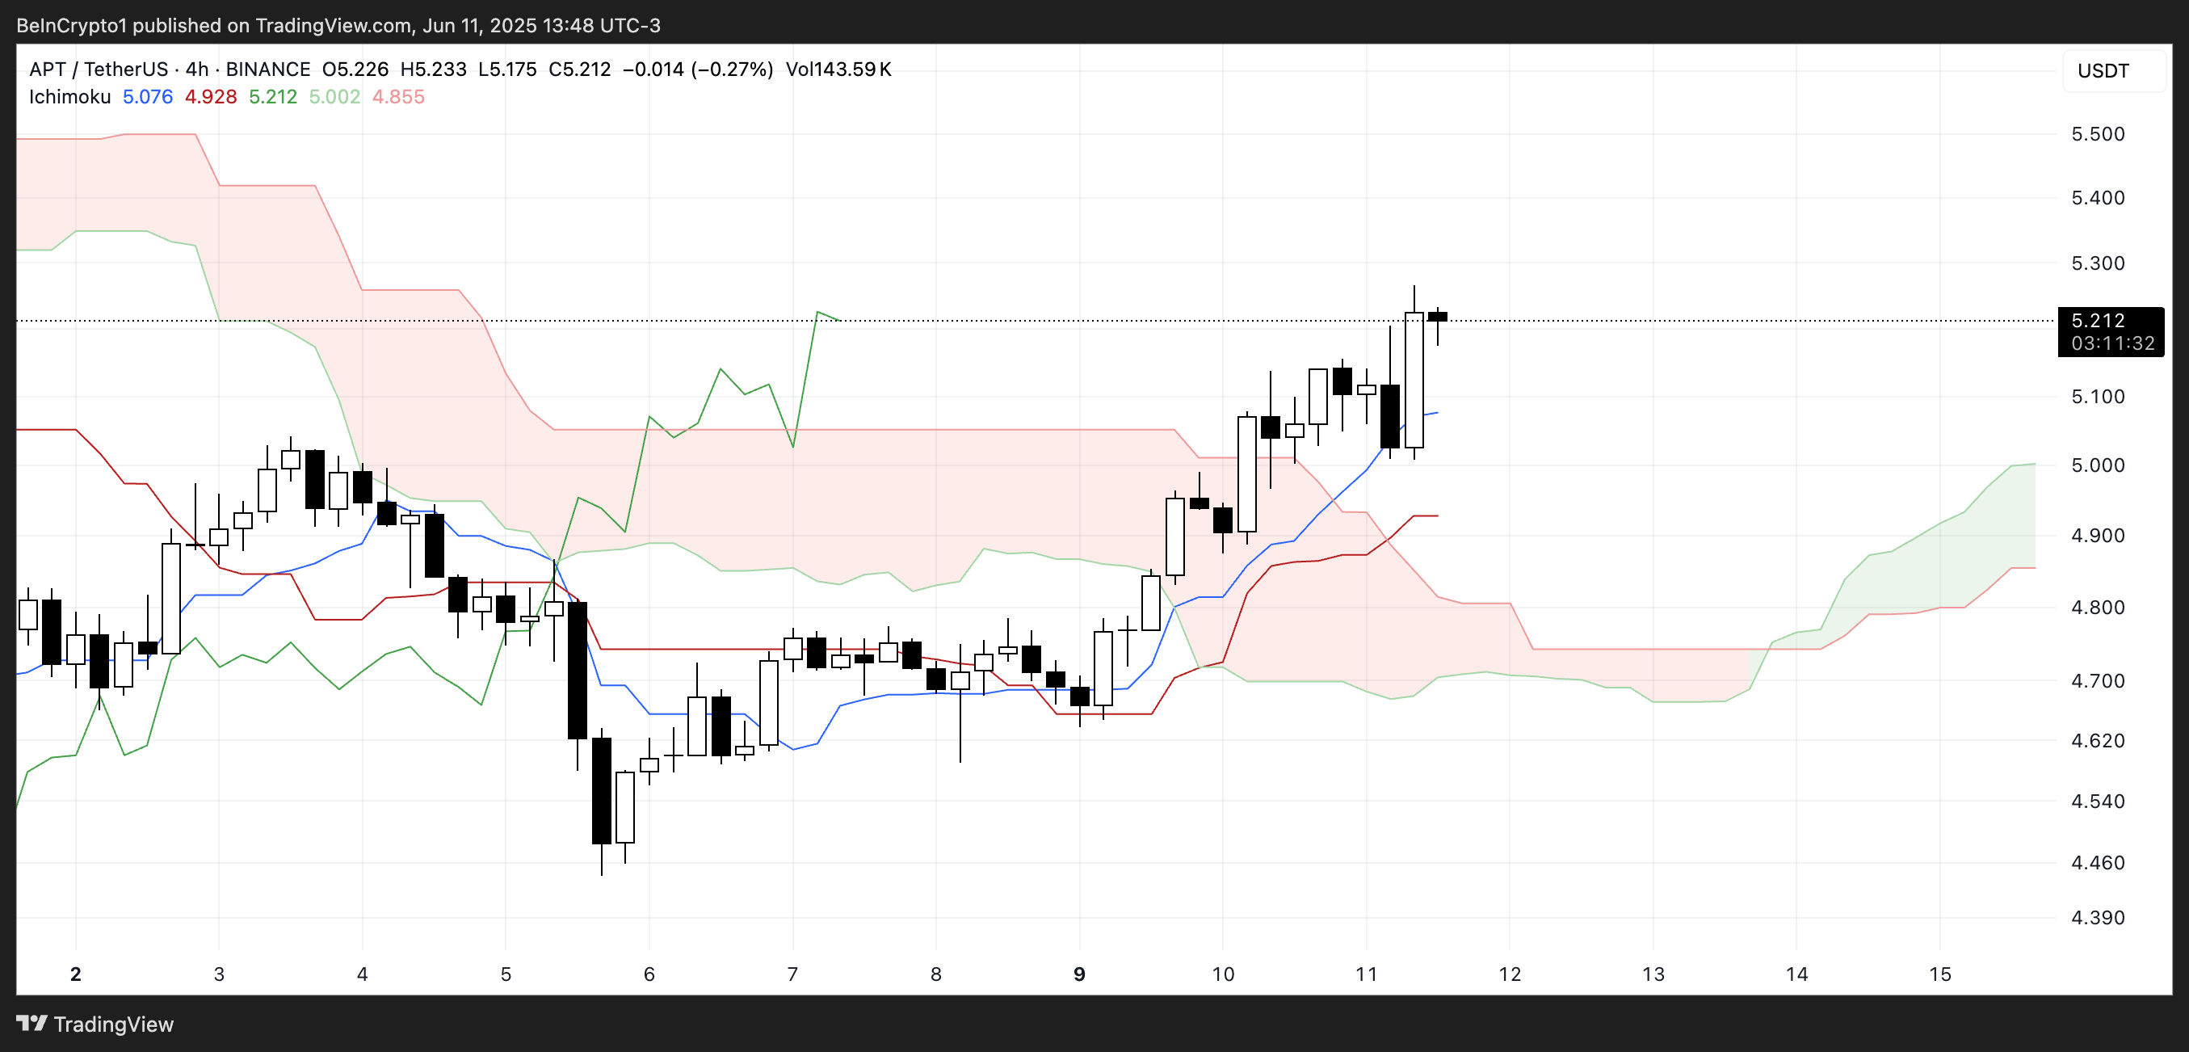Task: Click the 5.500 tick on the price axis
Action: (2097, 134)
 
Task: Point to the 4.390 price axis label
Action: (2097, 918)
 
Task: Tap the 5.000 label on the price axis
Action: (2097, 465)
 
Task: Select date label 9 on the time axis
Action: (1079, 974)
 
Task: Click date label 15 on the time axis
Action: (1939, 974)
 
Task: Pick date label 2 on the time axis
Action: (76, 974)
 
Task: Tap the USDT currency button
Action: (2103, 70)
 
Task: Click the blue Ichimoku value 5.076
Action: (147, 97)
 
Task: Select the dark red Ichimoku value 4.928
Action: (211, 97)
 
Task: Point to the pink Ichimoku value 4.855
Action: (397, 97)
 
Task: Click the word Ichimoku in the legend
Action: (69, 97)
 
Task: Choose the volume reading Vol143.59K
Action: (838, 69)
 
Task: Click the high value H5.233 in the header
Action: (434, 69)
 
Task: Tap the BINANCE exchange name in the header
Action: (267, 69)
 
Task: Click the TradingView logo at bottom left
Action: (95, 1024)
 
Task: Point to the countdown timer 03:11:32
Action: (2112, 343)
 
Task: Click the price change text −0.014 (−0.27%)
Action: (698, 69)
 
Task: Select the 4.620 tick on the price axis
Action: (2097, 740)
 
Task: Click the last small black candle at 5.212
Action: (1437, 317)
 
